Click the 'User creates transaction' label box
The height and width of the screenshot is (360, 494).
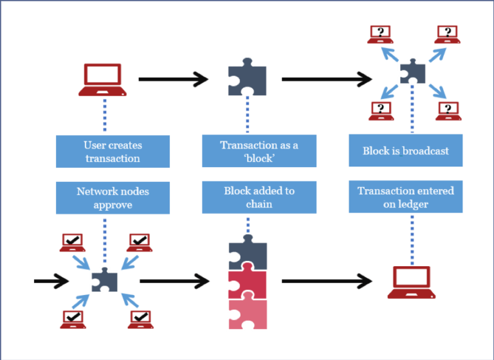coord(113,152)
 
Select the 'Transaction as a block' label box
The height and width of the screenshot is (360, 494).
coord(259,151)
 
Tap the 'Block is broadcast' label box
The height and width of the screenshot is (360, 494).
coord(405,150)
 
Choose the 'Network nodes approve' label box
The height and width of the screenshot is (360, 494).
coord(113,198)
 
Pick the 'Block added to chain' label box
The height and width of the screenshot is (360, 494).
coord(259,197)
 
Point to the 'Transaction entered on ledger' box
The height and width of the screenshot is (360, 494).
coord(405,197)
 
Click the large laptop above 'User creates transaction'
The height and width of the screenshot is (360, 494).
coord(102,80)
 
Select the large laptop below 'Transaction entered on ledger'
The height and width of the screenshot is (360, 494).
coord(412,282)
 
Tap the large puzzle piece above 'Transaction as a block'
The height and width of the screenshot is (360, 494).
coord(247,76)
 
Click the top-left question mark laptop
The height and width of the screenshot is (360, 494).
coord(380,34)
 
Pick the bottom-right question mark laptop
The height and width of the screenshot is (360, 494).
coord(448,111)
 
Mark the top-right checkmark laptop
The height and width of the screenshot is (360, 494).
coord(140,242)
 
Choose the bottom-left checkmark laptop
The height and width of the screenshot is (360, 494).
coord(73,319)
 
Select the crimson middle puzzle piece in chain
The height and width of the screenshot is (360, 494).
coord(247,282)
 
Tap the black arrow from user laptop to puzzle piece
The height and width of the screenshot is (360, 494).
coord(173,79)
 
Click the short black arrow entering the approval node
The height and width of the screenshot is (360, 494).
coord(51,281)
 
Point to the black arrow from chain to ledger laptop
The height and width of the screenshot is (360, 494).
coord(327,281)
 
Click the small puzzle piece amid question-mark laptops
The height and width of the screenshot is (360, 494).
coord(413,71)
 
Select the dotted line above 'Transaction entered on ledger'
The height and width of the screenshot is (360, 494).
coord(412,240)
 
